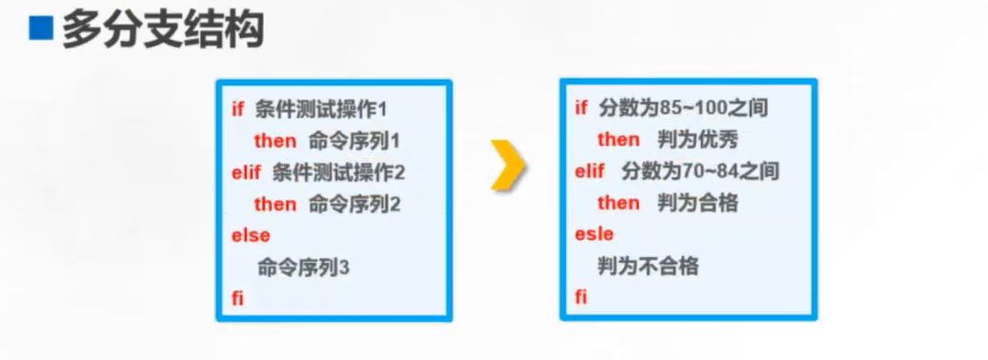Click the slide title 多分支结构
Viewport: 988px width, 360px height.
coord(163,30)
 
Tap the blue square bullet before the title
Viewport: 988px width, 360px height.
coord(41,30)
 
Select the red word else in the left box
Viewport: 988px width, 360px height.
coord(251,236)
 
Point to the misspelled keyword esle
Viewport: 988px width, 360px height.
coord(595,234)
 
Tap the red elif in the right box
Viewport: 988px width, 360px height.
coord(590,170)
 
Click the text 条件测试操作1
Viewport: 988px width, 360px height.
coord(321,110)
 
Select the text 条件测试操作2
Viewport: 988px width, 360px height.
coord(338,172)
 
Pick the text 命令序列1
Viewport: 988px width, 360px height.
coord(354,141)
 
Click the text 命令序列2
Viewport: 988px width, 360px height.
coord(354,204)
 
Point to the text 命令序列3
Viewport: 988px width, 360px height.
coord(303,268)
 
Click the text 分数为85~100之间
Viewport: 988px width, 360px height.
coord(684,109)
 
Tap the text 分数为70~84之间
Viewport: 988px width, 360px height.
coord(700,170)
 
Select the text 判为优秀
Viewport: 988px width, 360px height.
coord(697,139)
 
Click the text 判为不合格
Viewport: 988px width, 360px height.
coord(649,266)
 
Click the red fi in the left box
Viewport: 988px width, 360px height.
coord(237,298)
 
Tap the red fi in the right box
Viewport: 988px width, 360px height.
coord(580,296)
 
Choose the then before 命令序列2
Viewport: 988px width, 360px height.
coord(275,204)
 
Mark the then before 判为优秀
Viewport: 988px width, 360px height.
coord(618,139)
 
